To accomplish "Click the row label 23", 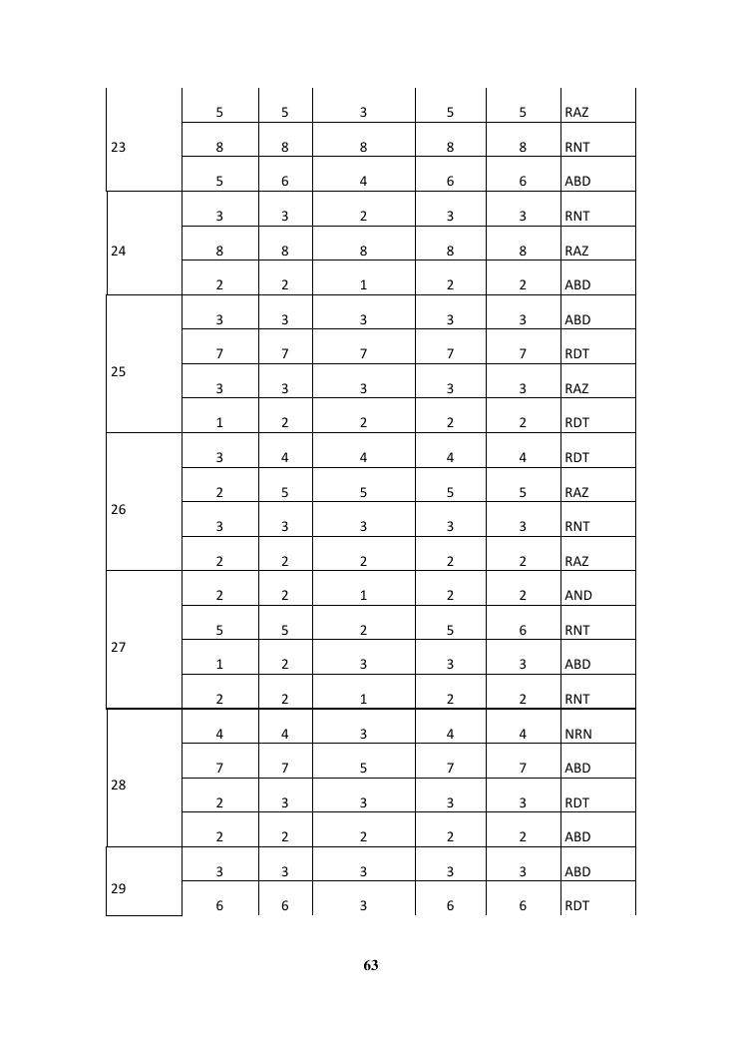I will click(x=119, y=147).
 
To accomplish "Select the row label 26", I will click(x=119, y=509).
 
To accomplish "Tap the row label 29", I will click(x=119, y=888).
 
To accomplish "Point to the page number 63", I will click(x=371, y=965).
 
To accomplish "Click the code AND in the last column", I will click(x=577, y=595).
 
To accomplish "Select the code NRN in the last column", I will click(x=577, y=734).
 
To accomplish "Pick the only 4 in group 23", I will click(x=363, y=182).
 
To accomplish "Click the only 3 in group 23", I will click(x=363, y=113).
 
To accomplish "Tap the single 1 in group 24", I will click(x=363, y=284).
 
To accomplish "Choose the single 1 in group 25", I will click(x=219, y=422).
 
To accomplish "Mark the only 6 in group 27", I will click(x=523, y=630).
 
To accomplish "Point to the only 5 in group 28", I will click(x=363, y=768).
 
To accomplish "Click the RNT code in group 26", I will click(x=576, y=526).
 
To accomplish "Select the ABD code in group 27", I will click(x=576, y=664).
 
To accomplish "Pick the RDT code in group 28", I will click(x=576, y=802).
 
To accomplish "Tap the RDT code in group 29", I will click(x=576, y=905).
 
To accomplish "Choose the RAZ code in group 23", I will click(x=575, y=113).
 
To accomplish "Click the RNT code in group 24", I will click(x=576, y=216).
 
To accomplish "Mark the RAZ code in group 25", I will click(x=575, y=388).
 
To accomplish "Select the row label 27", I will click(x=119, y=647).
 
